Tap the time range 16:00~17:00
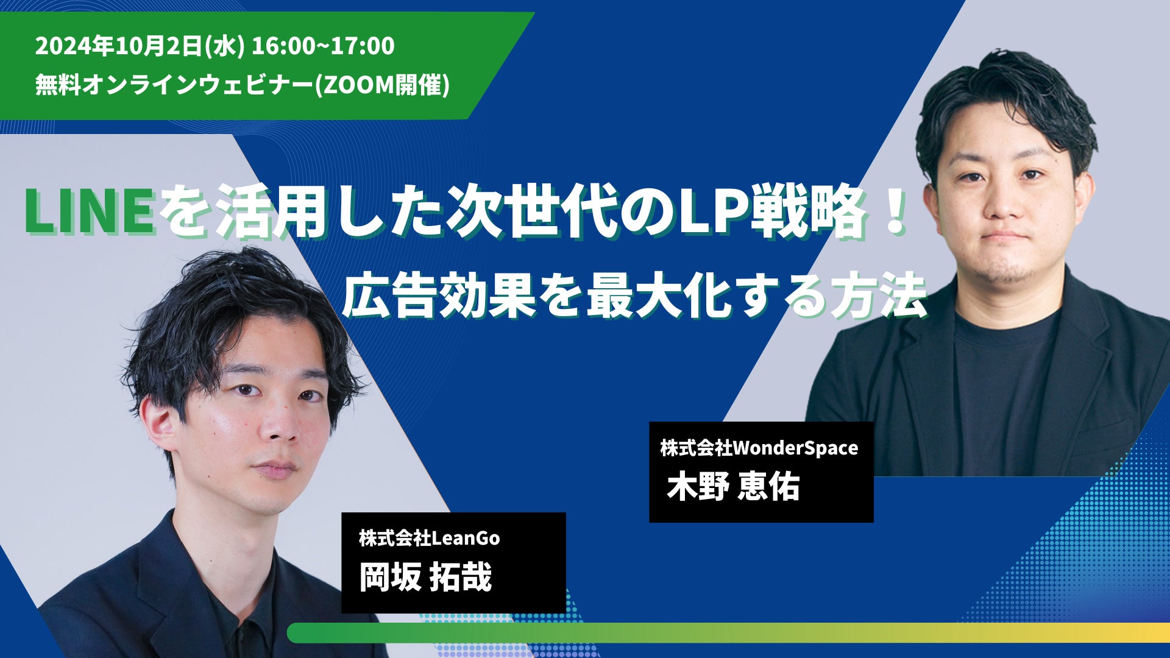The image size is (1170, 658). (x=323, y=46)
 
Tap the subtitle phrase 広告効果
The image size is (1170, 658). (x=438, y=297)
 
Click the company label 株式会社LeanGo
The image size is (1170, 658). (x=430, y=538)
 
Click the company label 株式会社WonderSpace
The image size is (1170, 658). (x=759, y=448)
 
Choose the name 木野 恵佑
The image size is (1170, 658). (x=733, y=487)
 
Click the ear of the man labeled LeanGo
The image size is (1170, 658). (x=161, y=426)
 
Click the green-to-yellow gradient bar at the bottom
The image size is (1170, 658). (x=728, y=632)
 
